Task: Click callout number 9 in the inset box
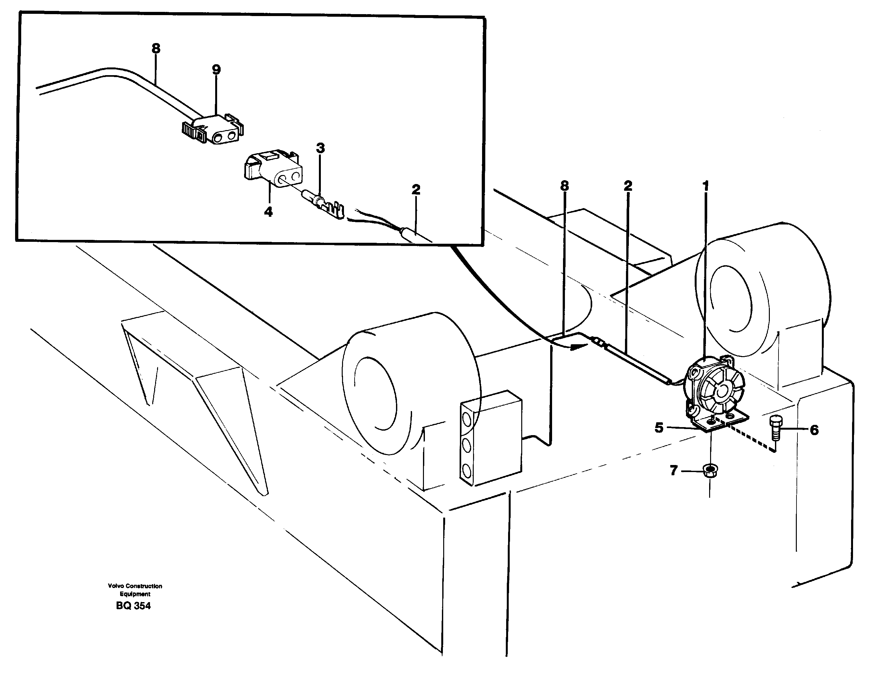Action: coord(216,70)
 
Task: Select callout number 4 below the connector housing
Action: coord(268,211)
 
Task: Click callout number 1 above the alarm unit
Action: coord(706,186)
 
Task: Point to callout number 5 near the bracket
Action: coord(659,428)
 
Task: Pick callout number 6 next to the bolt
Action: coord(814,430)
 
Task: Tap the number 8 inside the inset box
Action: coord(156,48)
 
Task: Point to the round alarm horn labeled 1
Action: coord(715,384)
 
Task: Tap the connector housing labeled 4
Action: coord(272,170)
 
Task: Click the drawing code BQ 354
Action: coord(133,606)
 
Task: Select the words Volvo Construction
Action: coord(135,586)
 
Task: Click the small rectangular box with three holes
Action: coord(490,437)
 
